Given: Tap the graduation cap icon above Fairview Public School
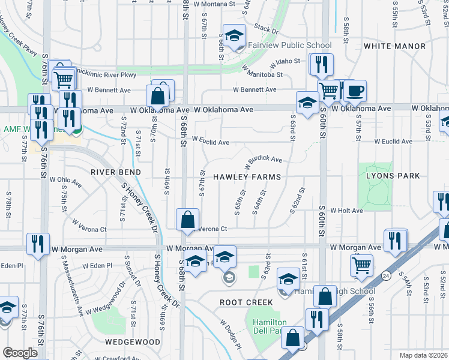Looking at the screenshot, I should click(x=235, y=35).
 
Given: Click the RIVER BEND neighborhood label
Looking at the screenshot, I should click(x=116, y=172).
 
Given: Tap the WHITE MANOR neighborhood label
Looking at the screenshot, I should click(x=388, y=46).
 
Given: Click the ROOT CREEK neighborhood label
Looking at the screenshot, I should click(x=247, y=302).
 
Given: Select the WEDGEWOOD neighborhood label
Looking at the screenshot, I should click(x=133, y=342).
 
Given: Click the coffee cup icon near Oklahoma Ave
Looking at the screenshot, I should click(x=354, y=91).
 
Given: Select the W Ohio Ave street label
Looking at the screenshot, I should click(x=65, y=179).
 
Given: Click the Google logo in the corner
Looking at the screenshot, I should click(x=20, y=353).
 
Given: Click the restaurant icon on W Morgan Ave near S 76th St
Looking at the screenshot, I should click(x=37, y=244).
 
